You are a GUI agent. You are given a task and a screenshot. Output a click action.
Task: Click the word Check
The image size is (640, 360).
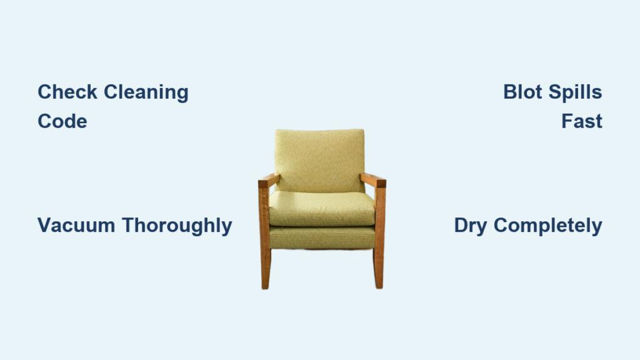pyautogui.click(x=67, y=92)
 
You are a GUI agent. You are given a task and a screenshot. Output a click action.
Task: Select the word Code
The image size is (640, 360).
pyautogui.click(x=62, y=121)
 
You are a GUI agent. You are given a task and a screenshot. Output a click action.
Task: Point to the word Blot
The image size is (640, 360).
pyautogui.click(x=522, y=92)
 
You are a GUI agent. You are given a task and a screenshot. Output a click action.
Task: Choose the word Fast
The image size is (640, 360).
pyautogui.click(x=582, y=121)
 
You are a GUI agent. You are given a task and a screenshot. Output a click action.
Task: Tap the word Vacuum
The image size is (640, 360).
pyautogui.click(x=76, y=225)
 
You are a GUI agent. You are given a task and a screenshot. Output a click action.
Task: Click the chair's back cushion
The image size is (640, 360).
pyautogui.click(x=319, y=160)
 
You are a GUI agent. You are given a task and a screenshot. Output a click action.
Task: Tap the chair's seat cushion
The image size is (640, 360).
pyautogui.click(x=322, y=209)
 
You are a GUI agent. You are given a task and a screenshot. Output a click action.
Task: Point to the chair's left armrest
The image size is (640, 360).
pyautogui.click(x=269, y=181)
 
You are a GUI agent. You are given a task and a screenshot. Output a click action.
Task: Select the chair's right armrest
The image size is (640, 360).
pyautogui.click(x=373, y=180)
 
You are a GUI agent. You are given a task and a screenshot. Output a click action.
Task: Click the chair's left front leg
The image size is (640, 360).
pyautogui.click(x=264, y=238)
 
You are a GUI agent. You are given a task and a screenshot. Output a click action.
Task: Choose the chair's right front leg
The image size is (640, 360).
pyautogui.click(x=379, y=238)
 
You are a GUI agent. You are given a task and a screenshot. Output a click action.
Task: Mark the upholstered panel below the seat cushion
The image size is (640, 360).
pyautogui.click(x=322, y=237)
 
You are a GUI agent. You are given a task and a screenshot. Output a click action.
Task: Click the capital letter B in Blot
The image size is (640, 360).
pyautogui.click(x=510, y=92)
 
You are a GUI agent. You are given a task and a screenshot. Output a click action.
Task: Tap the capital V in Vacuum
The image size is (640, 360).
pyautogui.click(x=46, y=225)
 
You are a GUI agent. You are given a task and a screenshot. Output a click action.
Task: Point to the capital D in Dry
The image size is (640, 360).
pyautogui.click(x=462, y=225)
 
